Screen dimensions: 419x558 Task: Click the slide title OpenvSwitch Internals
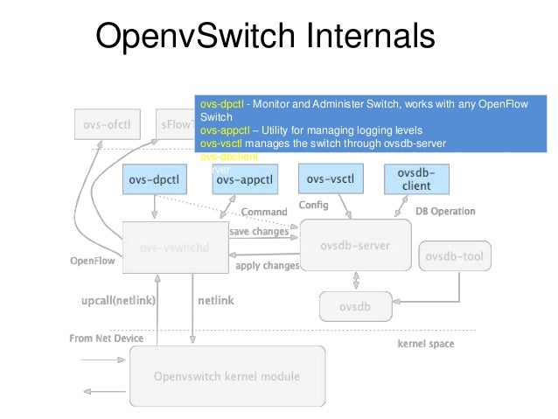(264, 38)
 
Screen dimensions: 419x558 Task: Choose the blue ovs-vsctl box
(330, 178)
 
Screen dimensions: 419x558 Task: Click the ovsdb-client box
(416, 178)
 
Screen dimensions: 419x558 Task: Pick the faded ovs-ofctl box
(108, 124)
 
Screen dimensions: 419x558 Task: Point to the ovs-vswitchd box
(175, 248)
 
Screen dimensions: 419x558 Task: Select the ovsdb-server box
(355, 244)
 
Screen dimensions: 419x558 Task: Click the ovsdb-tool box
(455, 256)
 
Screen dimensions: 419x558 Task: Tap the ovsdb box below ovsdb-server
(354, 306)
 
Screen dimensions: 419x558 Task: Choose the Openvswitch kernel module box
(227, 377)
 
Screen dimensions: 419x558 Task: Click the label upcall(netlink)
(118, 300)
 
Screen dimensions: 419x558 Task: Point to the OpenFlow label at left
(92, 261)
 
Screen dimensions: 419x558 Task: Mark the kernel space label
(426, 344)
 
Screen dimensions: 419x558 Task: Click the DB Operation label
(445, 211)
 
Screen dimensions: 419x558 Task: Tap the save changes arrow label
(259, 232)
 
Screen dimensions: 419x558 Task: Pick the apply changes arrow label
(268, 265)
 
